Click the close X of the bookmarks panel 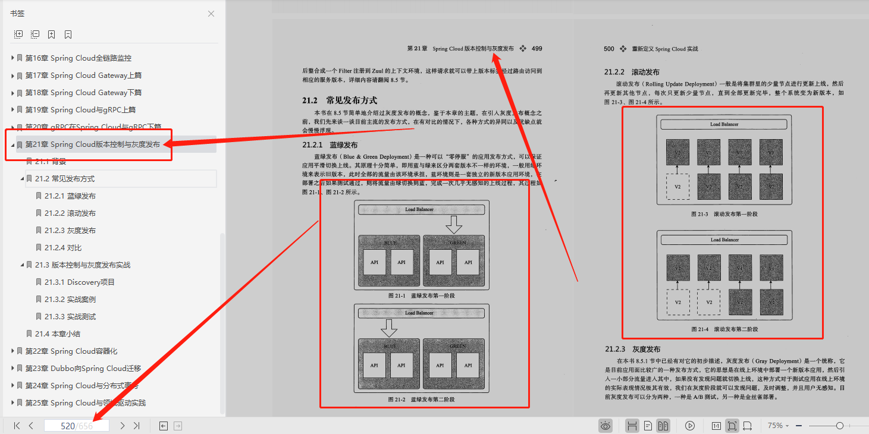211,14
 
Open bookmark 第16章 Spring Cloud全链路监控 78,58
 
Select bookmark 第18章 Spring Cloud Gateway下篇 83,93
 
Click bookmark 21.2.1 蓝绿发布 70,196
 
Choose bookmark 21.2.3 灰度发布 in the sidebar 70,231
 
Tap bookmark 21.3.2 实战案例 70,300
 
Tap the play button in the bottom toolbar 690,426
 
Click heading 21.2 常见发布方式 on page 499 339,100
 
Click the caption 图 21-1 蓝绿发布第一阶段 421,295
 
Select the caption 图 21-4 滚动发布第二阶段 724,329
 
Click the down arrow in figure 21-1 454,224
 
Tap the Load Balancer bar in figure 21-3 724,124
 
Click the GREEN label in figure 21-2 457,345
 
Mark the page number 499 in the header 537,49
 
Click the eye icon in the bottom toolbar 606,426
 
